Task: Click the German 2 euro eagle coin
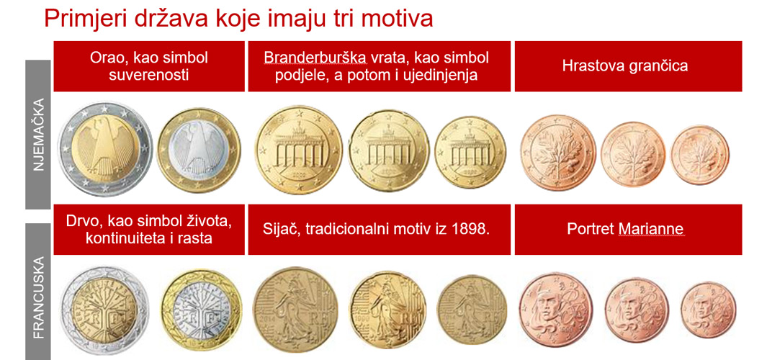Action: tap(105, 149)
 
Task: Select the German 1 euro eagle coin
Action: tap(199, 150)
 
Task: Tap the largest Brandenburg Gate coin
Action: tap(298, 150)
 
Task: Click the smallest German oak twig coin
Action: tap(700, 155)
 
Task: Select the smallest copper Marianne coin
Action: tap(708, 310)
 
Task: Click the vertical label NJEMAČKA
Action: tap(38, 134)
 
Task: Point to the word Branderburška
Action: tap(315, 58)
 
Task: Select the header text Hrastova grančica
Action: tap(625, 66)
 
